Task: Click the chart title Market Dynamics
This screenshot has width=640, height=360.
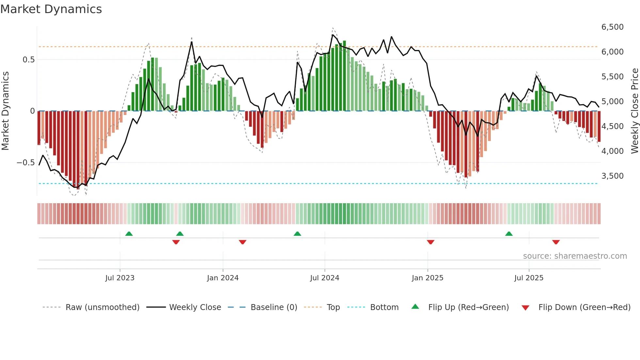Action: [x=51, y=9]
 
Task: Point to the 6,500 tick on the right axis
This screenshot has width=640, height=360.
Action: [x=612, y=27]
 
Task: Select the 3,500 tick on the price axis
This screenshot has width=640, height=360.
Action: [x=612, y=176]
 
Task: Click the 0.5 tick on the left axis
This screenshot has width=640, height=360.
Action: [x=28, y=60]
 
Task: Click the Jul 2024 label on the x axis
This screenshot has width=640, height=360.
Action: [x=324, y=278]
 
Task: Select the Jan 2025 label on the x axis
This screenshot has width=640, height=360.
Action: [x=427, y=278]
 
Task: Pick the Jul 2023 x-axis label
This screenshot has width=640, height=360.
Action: [x=120, y=278]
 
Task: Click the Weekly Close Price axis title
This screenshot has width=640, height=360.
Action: [x=634, y=111]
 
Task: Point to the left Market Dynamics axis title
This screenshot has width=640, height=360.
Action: [x=5, y=111]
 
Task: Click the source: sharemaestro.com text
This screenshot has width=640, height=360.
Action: [x=575, y=256]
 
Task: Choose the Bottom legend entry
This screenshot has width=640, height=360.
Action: [x=384, y=307]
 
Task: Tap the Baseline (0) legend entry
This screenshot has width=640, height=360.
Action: [x=274, y=307]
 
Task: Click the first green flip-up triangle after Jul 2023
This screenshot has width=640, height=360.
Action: [x=129, y=234]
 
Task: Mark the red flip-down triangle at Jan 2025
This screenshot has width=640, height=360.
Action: [x=430, y=242]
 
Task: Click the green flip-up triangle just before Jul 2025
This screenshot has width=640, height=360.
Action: [x=509, y=234]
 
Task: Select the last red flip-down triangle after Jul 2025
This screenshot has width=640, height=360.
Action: [x=556, y=242]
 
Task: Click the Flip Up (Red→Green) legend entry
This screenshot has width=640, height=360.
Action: [x=468, y=307]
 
